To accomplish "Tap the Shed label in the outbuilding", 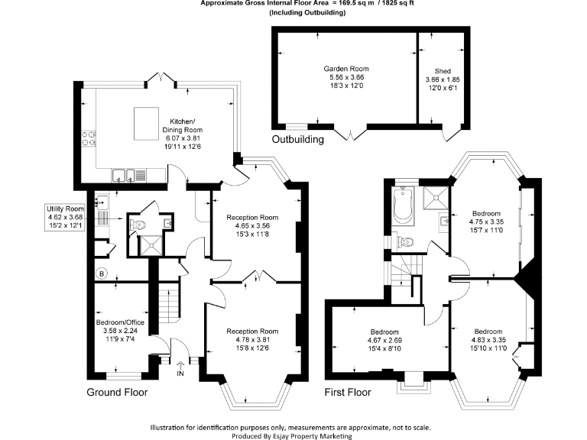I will click(442, 70).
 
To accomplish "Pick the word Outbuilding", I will click(298, 139).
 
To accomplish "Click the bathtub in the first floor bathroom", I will click(402, 205).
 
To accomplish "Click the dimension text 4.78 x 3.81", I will click(252, 341).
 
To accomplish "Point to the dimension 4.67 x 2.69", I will click(383, 341).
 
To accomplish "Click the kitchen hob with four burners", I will click(89, 137).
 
